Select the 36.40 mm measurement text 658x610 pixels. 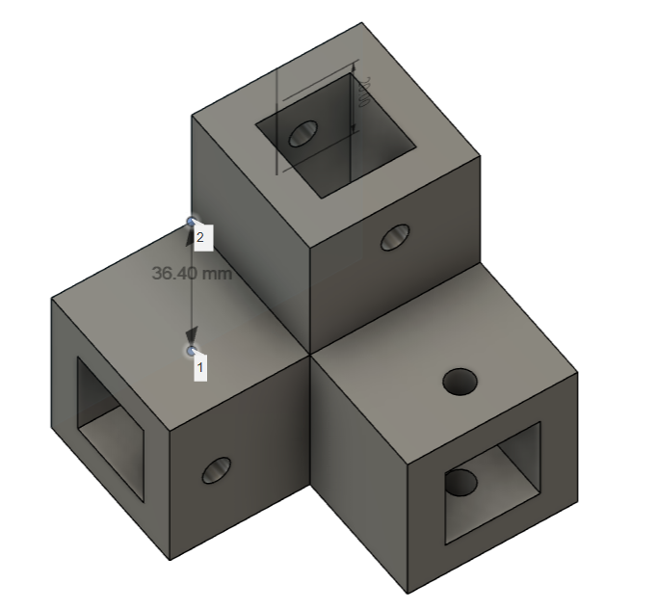pos(192,274)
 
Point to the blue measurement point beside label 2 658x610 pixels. pos(191,223)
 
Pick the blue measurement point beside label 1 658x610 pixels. pos(191,351)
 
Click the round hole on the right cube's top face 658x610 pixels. pos(461,382)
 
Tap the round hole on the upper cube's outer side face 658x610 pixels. pos(394,237)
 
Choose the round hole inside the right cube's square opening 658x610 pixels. pos(461,480)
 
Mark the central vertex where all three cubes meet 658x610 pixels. pos(310,354)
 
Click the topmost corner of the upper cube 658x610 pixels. pos(361,22)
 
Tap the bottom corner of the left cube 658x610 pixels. pos(171,560)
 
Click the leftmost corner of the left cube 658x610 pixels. pos(51,300)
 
